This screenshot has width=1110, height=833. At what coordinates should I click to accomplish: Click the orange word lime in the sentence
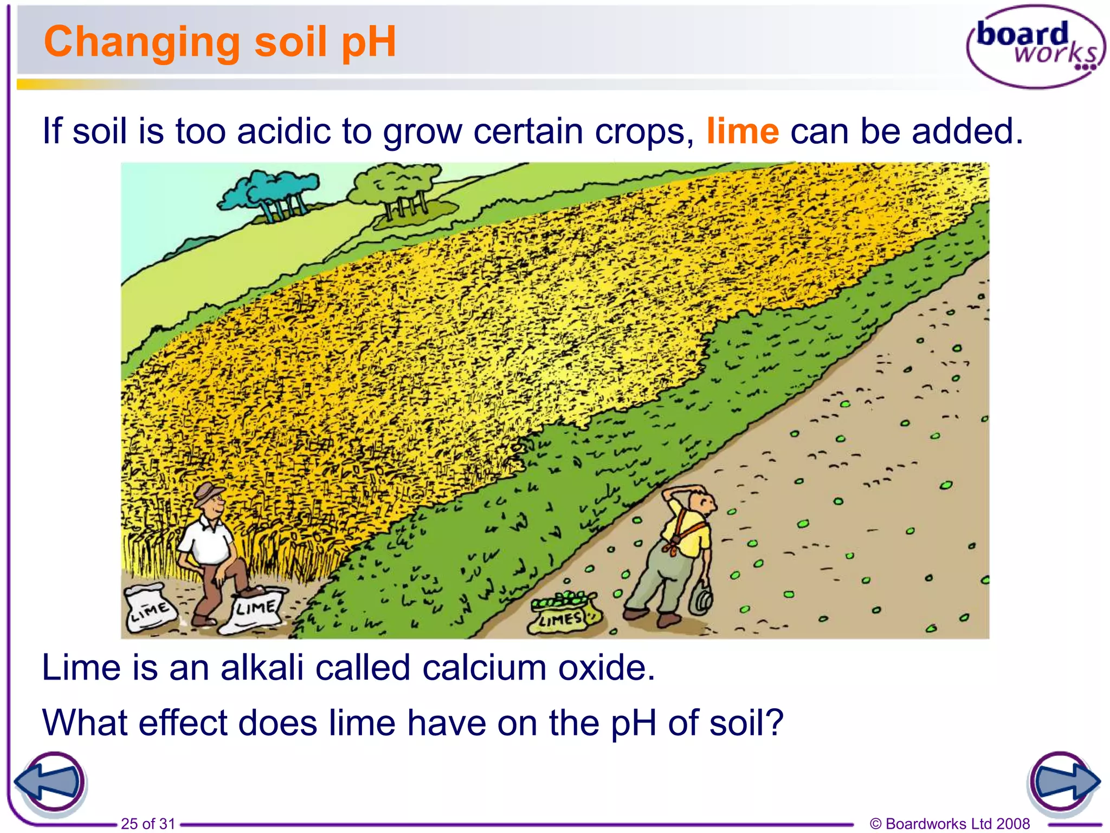[743, 131]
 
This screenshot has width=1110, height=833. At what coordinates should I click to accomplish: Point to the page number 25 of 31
[148, 824]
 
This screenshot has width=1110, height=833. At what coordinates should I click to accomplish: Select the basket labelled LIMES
[563, 613]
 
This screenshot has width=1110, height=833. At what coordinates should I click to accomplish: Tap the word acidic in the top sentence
[283, 131]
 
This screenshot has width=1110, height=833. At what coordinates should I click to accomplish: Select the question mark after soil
[774, 722]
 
